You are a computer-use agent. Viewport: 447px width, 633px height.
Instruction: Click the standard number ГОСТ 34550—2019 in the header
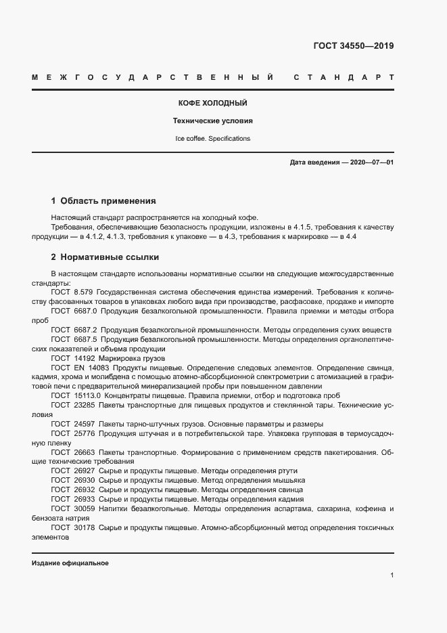(353, 47)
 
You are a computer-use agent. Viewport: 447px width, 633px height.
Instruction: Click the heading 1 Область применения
(103, 201)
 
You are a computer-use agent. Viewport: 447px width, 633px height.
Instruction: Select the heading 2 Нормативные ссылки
(105, 258)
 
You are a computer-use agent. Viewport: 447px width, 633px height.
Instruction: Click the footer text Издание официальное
(70, 563)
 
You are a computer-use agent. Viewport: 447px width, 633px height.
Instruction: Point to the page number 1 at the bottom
(392, 575)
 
